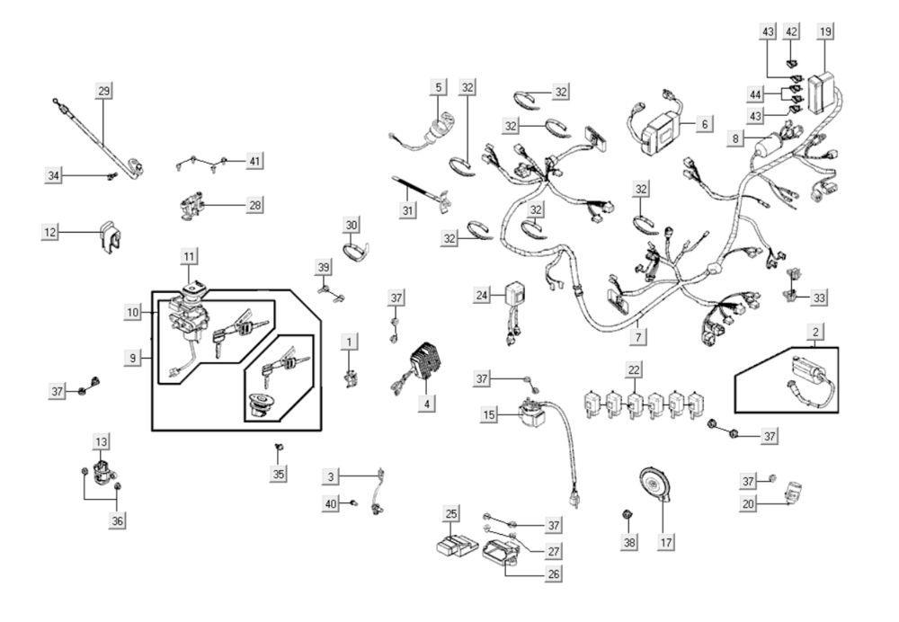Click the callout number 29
[x=105, y=92]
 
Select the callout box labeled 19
[x=825, y=31]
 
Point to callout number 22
[x=635, y=369]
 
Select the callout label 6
[x=704, y=122]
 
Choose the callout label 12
[x=52, y=233]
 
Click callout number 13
[x=101, y=441]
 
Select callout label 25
[x=450, y=513]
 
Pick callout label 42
[x=792, y=31]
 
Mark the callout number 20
[x=748, y=506]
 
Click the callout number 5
[x=438, y=88]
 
